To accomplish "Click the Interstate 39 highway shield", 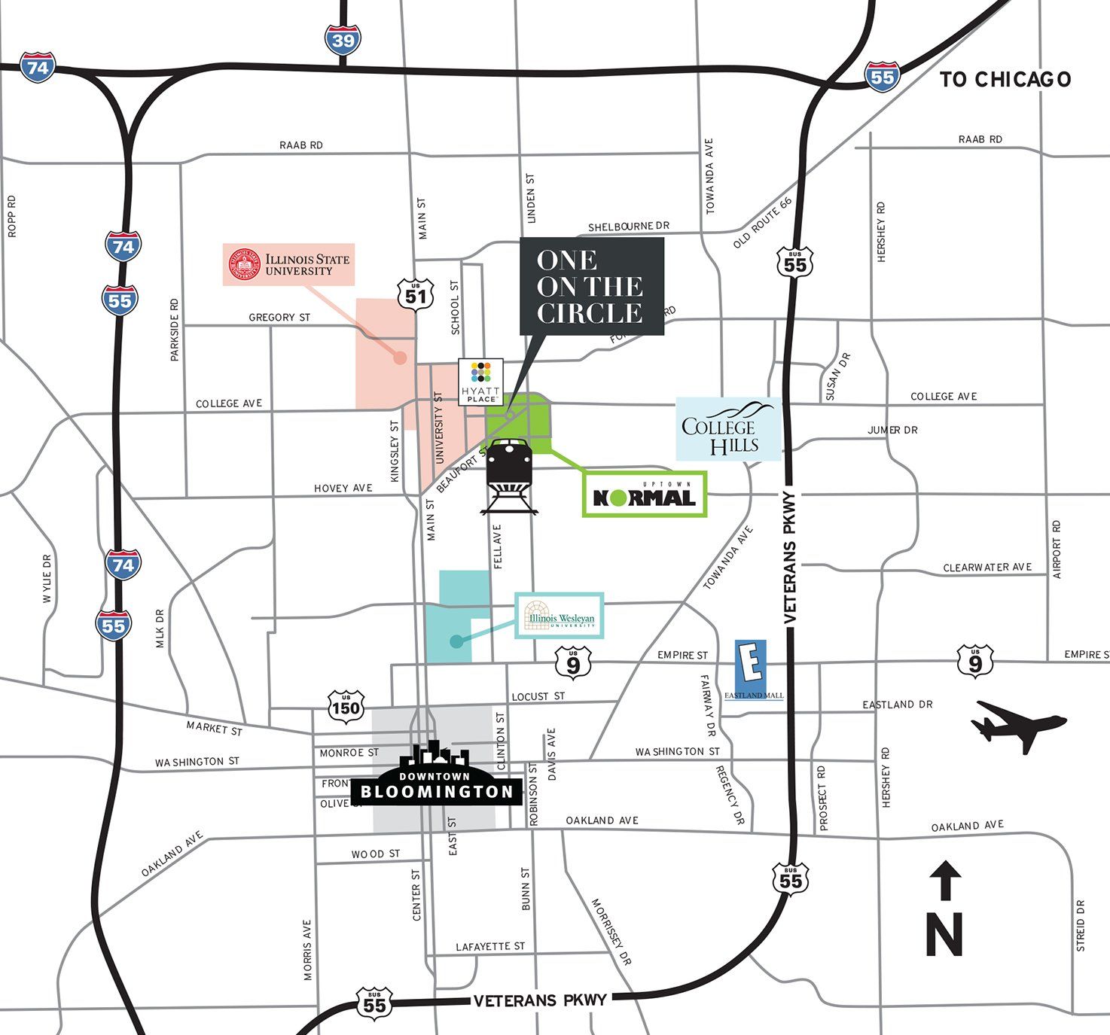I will [343, 39].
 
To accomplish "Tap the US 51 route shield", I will [416, 292].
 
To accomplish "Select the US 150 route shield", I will [346, 706].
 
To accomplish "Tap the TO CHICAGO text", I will [1005, 79].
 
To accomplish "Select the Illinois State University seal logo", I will [244, 265].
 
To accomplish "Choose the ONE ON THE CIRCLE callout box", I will [591, 287].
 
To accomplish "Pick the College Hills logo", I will [728, 429].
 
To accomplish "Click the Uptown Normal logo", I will [645, 495].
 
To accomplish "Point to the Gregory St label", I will [279, 318].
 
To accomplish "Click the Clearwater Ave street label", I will [986, 568].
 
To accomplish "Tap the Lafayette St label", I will [490, 946].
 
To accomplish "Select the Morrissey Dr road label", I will [611, 932].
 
